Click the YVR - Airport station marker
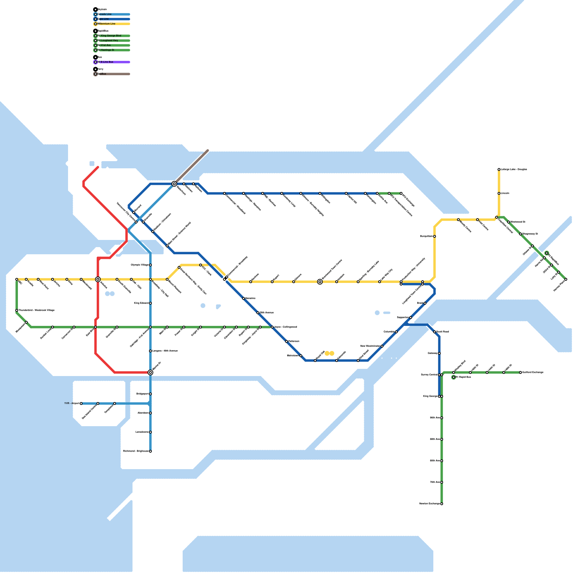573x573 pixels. point(81,404)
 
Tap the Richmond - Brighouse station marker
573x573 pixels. point(150,451)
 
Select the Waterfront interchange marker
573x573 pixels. point(174,184)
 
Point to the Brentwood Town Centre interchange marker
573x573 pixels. point(320,282)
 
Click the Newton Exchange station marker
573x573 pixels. point(442,504)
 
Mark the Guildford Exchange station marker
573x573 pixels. point(520,372)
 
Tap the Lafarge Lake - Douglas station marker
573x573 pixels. point(499,169)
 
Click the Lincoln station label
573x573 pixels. point(505,193)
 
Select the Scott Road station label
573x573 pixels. point(443,332)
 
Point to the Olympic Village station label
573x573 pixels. point(140,265)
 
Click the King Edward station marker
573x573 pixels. point(150,303)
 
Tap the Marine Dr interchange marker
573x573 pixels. point(150,372)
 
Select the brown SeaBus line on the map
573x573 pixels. point(192,167)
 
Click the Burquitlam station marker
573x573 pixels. point(434,236)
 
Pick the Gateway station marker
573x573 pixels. point(439,353)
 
